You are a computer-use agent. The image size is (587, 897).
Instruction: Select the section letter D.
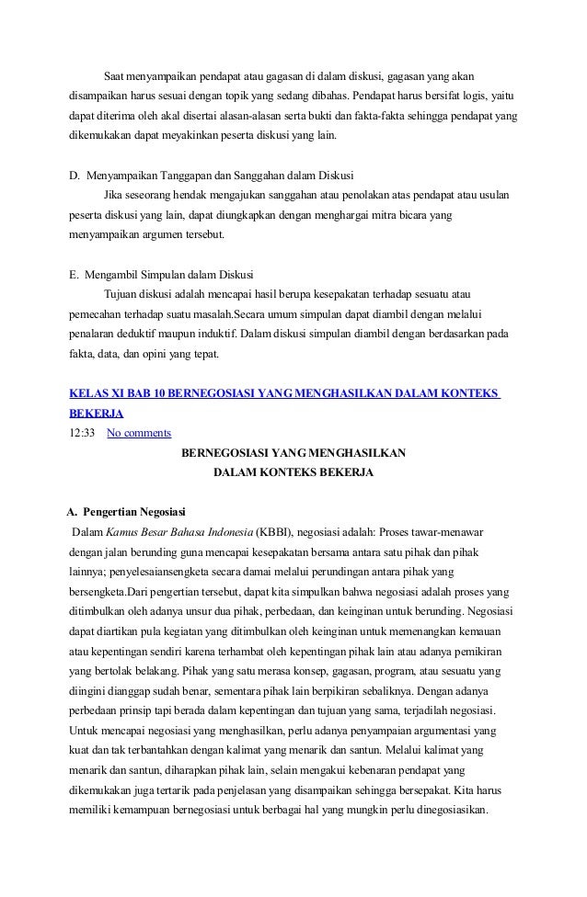point(74,175)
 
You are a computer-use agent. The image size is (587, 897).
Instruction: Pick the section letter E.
point(74,275)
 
